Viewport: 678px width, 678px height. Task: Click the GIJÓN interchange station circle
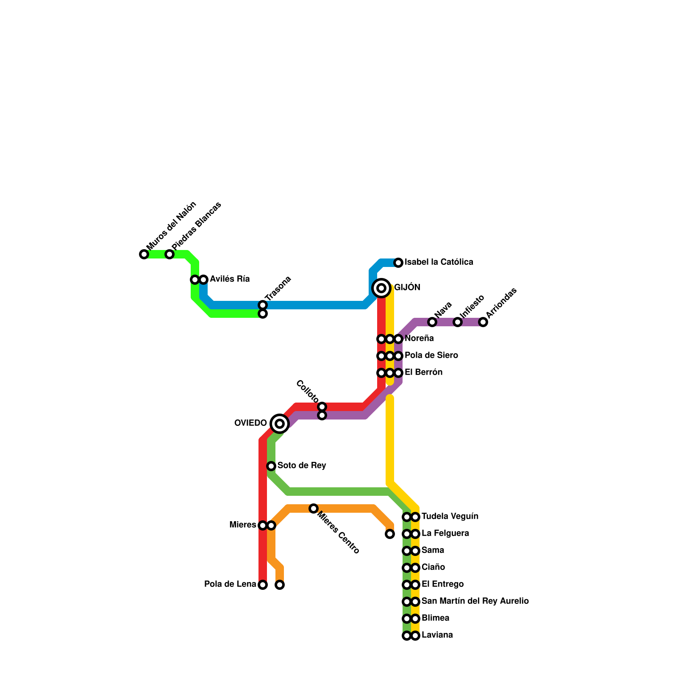(381, 288)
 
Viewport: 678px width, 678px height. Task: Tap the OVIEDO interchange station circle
(279, 423)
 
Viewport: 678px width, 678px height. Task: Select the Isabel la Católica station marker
(398, 263)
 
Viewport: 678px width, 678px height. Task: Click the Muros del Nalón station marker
(144, 254)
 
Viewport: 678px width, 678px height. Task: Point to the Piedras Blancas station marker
(169, 254)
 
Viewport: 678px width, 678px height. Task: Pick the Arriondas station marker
(483, 322)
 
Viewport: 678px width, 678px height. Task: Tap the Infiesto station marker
(458, 322)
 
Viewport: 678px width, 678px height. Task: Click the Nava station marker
(432, 322)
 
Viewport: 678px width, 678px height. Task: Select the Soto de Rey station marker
(271, 466)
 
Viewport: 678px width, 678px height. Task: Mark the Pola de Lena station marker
(263, 585)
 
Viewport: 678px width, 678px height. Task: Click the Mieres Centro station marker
(314, 508)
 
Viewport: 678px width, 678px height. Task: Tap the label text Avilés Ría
(230, 279)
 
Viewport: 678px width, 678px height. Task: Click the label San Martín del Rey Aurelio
(475, 601)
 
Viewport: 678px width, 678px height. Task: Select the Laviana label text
(437, 635)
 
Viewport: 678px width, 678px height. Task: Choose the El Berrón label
(423, 372)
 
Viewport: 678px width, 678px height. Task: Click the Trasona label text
(278, 289)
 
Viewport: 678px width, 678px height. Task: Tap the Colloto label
(307, 392)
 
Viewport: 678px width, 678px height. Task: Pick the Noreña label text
(419, 339)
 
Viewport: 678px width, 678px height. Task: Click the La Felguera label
(445, 534)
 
